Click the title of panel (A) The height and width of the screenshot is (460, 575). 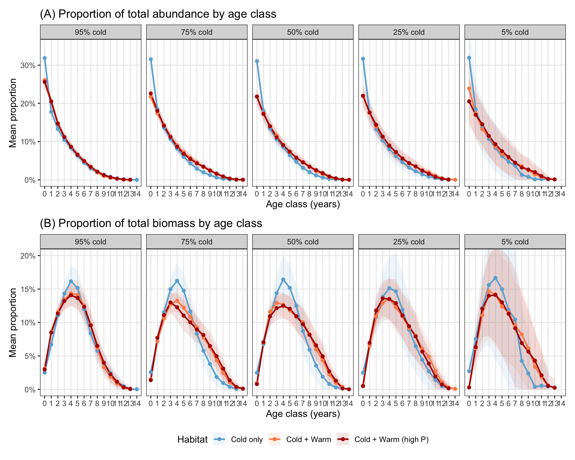[x=158, y=14]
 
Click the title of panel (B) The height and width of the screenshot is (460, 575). [x=151, y=223]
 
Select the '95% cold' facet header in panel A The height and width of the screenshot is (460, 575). [x=90, y=32]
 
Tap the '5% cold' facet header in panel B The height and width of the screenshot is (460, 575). [x=515, y=242]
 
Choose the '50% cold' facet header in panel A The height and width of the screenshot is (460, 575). [x=303, y=32]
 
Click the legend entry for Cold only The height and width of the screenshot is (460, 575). [x=238, y=439]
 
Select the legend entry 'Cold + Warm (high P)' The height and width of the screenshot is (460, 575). [x=383, y=439]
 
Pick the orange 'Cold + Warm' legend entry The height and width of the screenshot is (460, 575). [x=300, y=439]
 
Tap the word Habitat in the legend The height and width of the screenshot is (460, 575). [x=192, y=439]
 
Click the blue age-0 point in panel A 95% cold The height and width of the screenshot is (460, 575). [x=45, y=58]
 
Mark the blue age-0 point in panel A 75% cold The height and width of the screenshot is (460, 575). [x=151, y=59]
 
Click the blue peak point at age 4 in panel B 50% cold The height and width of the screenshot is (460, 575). [x=283, y=279]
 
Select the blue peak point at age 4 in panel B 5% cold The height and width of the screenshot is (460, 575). [x=495, y=278]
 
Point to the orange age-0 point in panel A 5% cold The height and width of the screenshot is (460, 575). [x=469, y=89]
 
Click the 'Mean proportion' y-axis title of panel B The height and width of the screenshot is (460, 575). [x=13, y=323]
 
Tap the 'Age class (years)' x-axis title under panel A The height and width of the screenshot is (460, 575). [x=303, y=204]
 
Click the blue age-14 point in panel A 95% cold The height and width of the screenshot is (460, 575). [x=137, y=180]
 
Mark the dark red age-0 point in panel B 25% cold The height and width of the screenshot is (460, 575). [x=363, y=386]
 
